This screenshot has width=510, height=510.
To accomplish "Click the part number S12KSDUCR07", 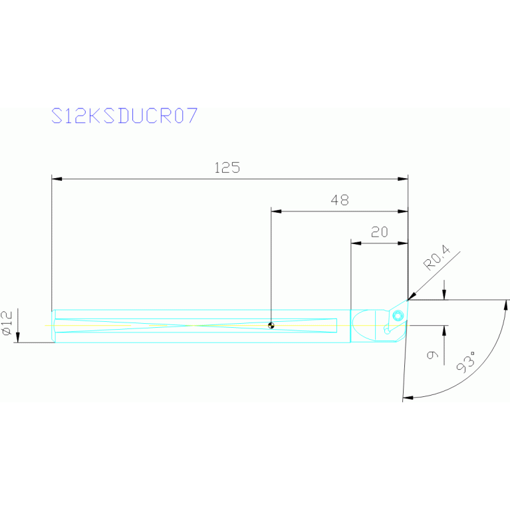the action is pos(124,116).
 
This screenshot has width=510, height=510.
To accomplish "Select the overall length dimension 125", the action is pos(227,168).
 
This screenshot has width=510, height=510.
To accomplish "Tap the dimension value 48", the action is pos(339,200).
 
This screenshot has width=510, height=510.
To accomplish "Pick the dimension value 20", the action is pos(379,232).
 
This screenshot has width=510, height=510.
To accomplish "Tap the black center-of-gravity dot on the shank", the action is pos(271,326).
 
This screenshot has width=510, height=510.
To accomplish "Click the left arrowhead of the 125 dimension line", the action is pos(57,179).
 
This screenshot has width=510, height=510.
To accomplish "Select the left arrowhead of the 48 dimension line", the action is pos(276,211).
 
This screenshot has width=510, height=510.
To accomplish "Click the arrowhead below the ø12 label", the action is pos(19,338).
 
